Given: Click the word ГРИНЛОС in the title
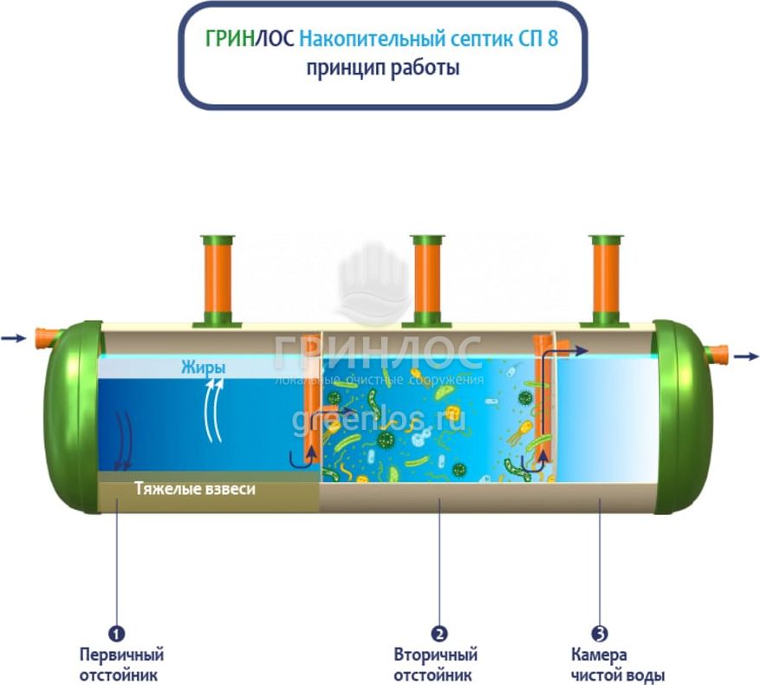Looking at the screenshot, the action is click(x=250, y=39).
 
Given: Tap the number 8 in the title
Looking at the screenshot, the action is click(x=553, y=39).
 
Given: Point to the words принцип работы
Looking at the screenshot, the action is click(x=382, y=68).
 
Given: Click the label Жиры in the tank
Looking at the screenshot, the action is click(x=203, y=368).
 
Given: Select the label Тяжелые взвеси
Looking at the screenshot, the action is click(x=195, y=488).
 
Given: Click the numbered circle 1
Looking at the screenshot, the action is click(x=116, y=633).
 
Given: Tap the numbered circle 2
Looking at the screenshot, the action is click(x=439, y=633).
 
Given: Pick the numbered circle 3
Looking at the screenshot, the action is click(x=600, y=633).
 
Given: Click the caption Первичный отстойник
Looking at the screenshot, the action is click(x=121, y=665).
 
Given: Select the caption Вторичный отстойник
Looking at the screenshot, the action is click(x=435, y=665).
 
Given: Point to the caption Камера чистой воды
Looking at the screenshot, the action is click(x=618, y=665).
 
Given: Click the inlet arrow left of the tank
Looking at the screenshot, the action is click(x=13, y=338).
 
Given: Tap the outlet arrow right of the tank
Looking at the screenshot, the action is click(x=746, y=356).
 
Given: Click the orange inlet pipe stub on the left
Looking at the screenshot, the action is click(x=47, y=337).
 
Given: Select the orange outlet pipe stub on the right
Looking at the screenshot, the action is click(x=716, y=356).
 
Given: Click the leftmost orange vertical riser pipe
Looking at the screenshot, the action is click(x=218, y=279).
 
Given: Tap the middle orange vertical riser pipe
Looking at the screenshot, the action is click(x=427, y=279).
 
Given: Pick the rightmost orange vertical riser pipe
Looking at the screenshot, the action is click(x=607, y=279).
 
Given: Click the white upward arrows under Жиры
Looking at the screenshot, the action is click(x=214, y=410).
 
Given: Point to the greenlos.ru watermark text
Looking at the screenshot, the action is click(x=379, y=419).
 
